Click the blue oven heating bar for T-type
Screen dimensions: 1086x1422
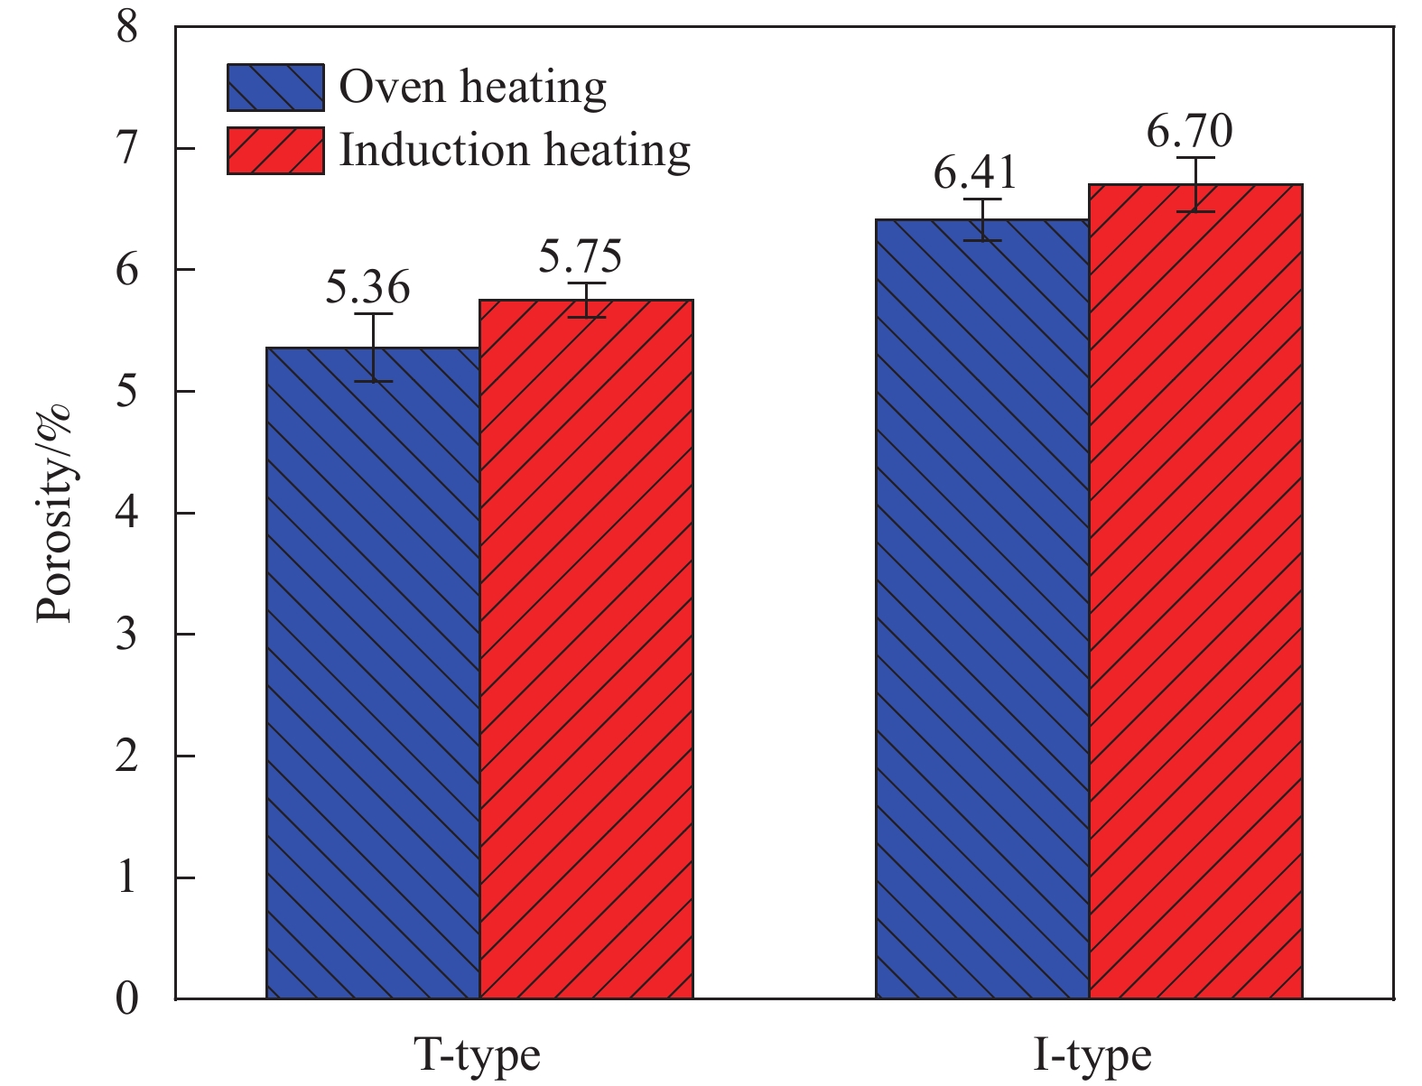tap(373, 673)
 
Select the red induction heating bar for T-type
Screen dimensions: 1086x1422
tap(586, 649)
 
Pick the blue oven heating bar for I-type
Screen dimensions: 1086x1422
tap(982, 608)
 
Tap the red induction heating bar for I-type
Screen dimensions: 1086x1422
tap(1195, 591)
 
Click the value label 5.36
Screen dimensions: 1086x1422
tap(367, 287)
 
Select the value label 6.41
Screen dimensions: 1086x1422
tap(975, 172)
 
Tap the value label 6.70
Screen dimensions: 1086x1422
tap(1189, 132)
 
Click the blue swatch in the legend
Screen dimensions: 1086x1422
tap(275, 88)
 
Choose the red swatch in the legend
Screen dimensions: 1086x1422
tap(275, 151)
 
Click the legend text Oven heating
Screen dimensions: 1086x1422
tap(472, 88)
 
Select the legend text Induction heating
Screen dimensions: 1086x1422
tap(515, 151)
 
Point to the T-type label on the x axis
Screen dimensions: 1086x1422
tap(477, 1054)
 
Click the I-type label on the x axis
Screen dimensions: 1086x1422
tap(1092, 1054)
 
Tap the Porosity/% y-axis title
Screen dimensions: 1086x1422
tap(54, 515)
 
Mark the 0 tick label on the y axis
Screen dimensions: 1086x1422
tap(127, 998)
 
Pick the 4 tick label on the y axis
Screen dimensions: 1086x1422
tap(127, 513)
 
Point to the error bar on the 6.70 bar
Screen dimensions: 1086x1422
tap(1195, 184)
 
